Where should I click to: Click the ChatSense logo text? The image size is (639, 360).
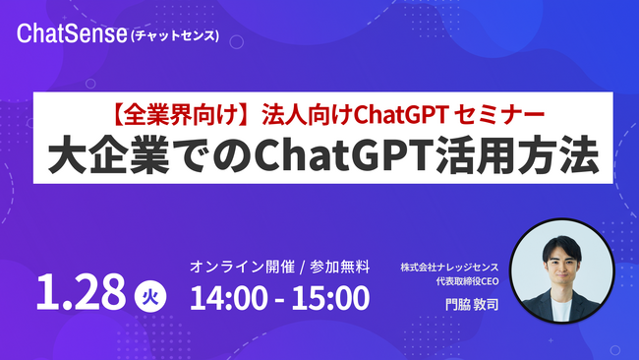(x=70, y=35)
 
